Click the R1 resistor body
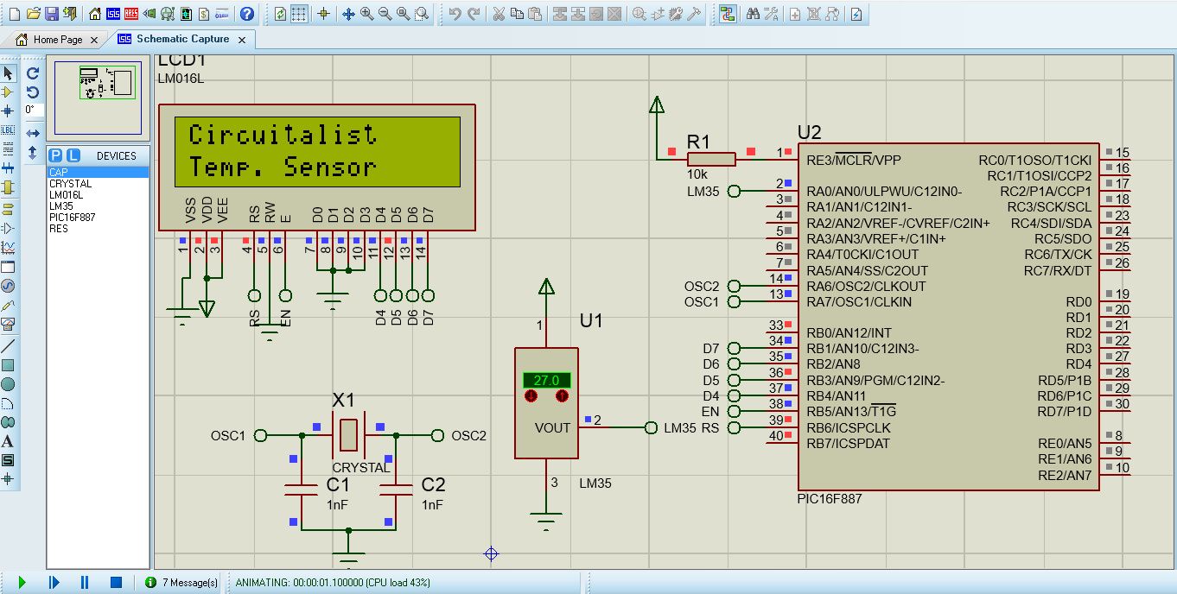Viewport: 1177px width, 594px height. coord(711,159)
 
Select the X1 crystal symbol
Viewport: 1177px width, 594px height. coord(347,434)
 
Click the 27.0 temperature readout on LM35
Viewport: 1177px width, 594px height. coord(546,380)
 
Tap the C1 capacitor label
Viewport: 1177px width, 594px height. coord(338,485)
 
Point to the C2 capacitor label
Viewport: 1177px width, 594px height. coord(432,485)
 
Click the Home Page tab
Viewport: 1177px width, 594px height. coord(57,40)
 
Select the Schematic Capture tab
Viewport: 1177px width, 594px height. coord(182,40)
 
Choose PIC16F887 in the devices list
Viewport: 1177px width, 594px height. coord(72,218)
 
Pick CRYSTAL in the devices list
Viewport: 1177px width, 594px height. coord(70,184)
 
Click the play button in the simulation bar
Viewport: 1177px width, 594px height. coord(22,583)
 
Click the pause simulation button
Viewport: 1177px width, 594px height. coord(85,583)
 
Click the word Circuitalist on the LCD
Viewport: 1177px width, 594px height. coord(283,135)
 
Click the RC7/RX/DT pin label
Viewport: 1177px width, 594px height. coord(1058,270)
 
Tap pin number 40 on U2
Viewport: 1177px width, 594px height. coord(775,436)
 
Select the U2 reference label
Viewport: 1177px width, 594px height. coord(809,133)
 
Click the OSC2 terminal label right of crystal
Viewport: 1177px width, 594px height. coord(468,436)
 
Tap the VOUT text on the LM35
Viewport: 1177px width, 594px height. coord(552,428)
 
